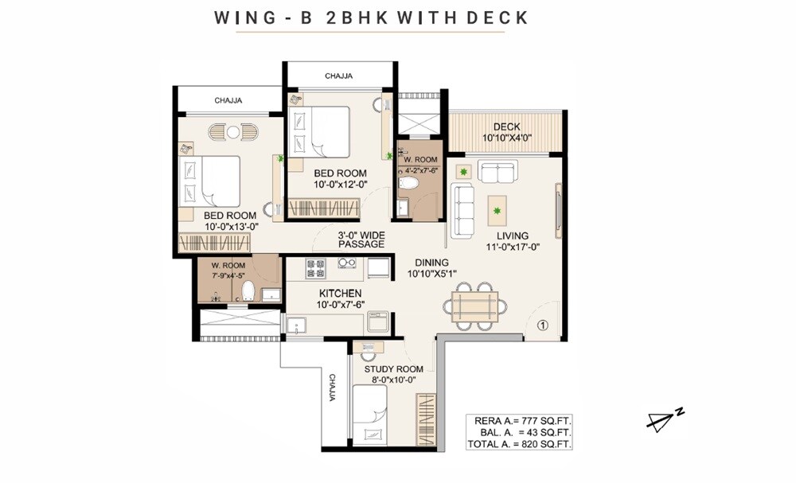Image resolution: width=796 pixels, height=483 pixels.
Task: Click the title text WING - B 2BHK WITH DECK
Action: [x=371, y=18]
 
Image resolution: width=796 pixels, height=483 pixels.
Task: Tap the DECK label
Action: [x=506, y=127]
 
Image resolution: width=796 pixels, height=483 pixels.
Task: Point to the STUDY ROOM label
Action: [x=393, y=369]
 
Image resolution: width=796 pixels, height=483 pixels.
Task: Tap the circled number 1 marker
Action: [x=542, y=325]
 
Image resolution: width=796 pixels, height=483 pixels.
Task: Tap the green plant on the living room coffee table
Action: [x=498, y=211]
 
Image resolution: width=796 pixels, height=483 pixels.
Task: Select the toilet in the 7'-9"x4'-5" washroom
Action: [x=247, y=290]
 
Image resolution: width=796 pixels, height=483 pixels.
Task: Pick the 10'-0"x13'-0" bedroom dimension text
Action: [x=229, y=226]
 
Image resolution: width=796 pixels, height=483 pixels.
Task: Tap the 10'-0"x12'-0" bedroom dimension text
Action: [x=339, y=185]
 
